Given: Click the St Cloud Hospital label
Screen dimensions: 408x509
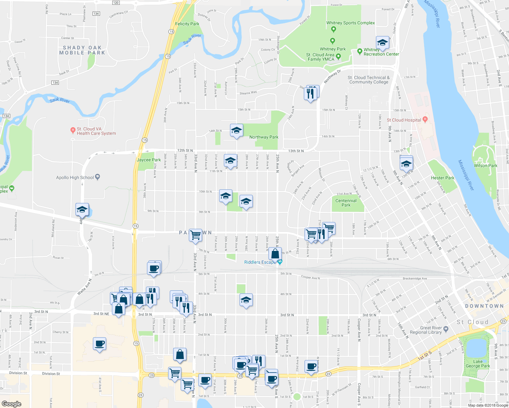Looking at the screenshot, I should click(x=404, y=120).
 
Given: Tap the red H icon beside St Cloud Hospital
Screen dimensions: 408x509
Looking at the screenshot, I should click(x=425, y=119).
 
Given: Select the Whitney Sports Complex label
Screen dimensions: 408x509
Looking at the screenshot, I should click(x=350, y=23).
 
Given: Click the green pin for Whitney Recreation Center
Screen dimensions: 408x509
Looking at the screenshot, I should click(x=360, y=52).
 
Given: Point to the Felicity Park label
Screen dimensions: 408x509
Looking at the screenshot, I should click(x=187, y=24).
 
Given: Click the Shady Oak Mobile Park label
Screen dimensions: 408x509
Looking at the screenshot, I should click(x=82, y=50).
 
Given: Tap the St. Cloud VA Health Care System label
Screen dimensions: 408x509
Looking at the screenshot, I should click(x=96, y=131).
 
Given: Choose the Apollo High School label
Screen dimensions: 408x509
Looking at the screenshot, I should click(x=75, y=177).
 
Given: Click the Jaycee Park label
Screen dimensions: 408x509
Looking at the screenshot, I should click(x=149, y=160).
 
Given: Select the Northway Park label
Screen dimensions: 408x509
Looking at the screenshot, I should click(x=264, y=137).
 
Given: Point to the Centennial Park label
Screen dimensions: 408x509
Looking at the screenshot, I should click(x=346, y=203).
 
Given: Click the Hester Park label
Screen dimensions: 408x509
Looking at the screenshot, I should click(x=442, y=178).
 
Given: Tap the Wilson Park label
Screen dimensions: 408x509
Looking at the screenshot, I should click(x=486, y=166).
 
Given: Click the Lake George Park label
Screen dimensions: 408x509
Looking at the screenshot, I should click(x=478, y=364).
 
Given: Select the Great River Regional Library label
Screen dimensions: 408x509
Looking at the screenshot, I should click(x=426, y=330).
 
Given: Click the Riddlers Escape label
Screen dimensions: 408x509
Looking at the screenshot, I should click(x=259, y=262).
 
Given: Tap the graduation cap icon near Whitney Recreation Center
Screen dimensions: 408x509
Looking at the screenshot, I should click(x=382, y=43).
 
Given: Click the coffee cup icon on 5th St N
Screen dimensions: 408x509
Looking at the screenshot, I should click(x=154, y=268).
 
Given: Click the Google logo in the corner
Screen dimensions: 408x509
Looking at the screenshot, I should click(x=12, y=404).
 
